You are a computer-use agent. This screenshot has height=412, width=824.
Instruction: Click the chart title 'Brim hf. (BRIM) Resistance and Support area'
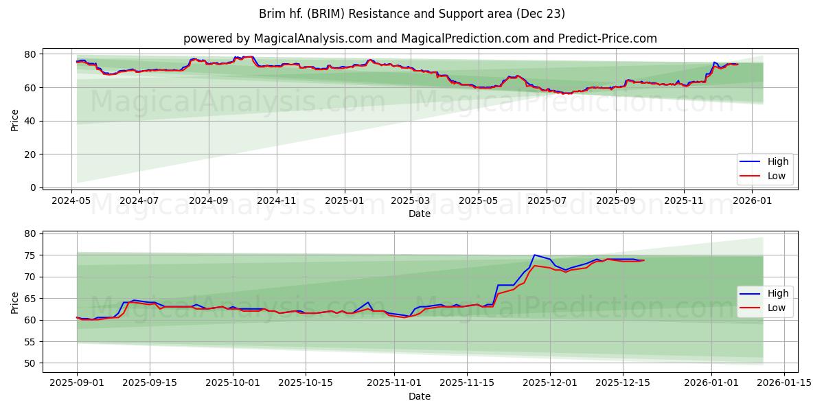pos(411,14)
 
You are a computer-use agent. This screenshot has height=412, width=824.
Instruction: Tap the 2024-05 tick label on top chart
pos(72,201)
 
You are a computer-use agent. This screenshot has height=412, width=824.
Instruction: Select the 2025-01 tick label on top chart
pos(344,201)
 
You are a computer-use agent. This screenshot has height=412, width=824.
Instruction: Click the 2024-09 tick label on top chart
pos(208,201)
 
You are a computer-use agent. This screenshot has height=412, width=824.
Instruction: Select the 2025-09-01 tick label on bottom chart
pos(77,383)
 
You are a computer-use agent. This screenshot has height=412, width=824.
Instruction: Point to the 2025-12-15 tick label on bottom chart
pos(622,383)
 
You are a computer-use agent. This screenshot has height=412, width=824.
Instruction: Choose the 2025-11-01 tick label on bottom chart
pos(394,383)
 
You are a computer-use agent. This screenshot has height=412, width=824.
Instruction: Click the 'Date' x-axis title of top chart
pos(420,214)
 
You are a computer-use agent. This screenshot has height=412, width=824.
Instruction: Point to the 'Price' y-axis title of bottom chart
pos(14,302)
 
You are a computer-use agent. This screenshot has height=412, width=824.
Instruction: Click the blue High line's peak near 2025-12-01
pos(534,255)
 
